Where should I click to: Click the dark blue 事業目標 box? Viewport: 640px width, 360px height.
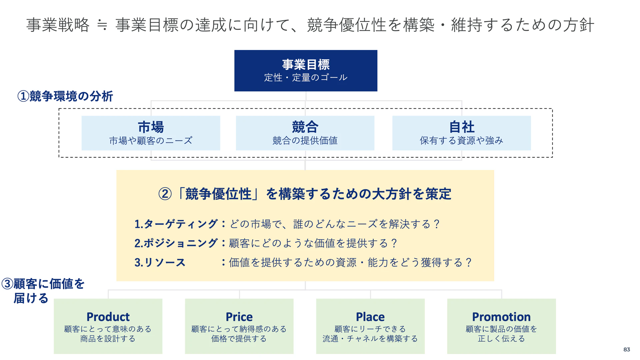[x=306, y=71]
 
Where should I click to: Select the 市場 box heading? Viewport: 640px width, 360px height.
[x=151, y=127]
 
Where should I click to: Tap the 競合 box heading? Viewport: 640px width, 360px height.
[x=305, y=127]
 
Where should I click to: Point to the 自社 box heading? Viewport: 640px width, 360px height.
[x=462, y=127]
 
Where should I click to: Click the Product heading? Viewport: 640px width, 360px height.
[x=108, y=317]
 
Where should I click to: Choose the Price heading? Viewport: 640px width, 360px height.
[x=239, y=317]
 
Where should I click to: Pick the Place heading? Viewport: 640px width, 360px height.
[x=370, y=317]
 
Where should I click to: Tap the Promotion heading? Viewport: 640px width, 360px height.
[x=501, y=317]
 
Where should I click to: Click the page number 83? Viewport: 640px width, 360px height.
[x=627, y=349]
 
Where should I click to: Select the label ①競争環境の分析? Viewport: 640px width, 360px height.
[x=65, y=96]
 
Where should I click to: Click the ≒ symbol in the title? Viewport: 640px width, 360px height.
[x=102, y=25]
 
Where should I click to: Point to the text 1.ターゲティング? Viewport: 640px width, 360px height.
[x=176, y=224]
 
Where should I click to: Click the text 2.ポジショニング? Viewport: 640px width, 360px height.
[x=176, y=243]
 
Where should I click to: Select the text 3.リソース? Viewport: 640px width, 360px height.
[x=160, y=262]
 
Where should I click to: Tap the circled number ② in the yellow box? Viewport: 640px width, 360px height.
[x=165, y=194]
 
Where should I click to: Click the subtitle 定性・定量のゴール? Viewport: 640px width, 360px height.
[x=306, y=78]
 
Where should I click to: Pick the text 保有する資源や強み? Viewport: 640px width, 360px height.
[x=462, y=141]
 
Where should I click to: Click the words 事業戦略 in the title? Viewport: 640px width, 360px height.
[x=58, y=25]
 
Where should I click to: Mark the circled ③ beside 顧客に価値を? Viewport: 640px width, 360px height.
[x=7, y=284]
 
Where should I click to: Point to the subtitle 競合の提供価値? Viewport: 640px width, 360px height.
[x=305, y=141]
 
